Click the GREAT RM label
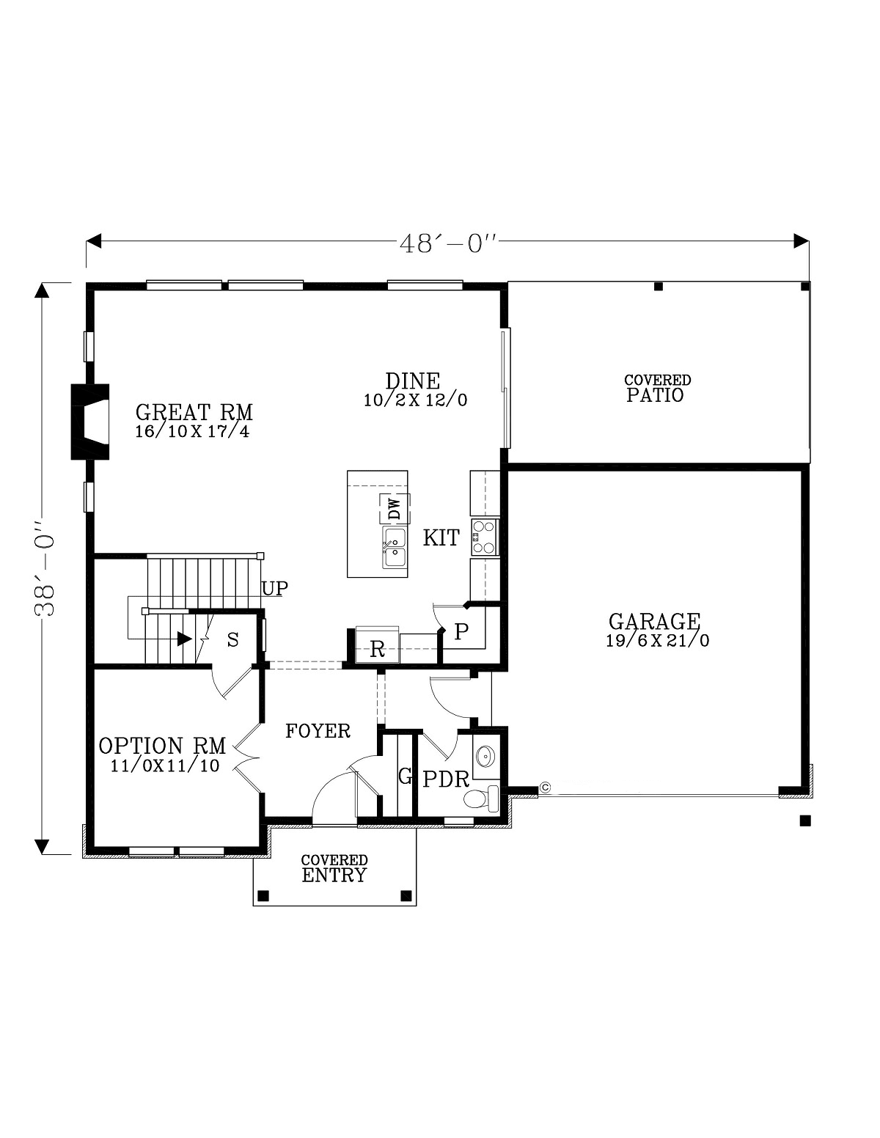click(x=194, y=412)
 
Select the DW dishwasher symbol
click(x=394, y=508)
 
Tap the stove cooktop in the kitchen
click(x=485, y=537)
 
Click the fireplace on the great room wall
click(x=90, y=422)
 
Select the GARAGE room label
click(x=654, y=622)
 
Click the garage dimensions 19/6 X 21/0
click(x=657, y=641)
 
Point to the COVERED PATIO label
click(x=657, y=389)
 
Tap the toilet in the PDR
click(x=481, y=798)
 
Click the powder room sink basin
click(x=485, y=755)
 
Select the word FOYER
click(x=318, y=731)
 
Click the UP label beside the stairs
click(x=275, y=588)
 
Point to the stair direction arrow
click(x=183, y=639)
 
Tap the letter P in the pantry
click(x=461, y=632)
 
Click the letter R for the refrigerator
click(x=378, y=649)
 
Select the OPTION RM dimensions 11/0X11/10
click(x=164, y=766)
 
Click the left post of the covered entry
click(x=264, y=895)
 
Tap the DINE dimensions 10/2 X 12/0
click(x=415, y=400)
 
